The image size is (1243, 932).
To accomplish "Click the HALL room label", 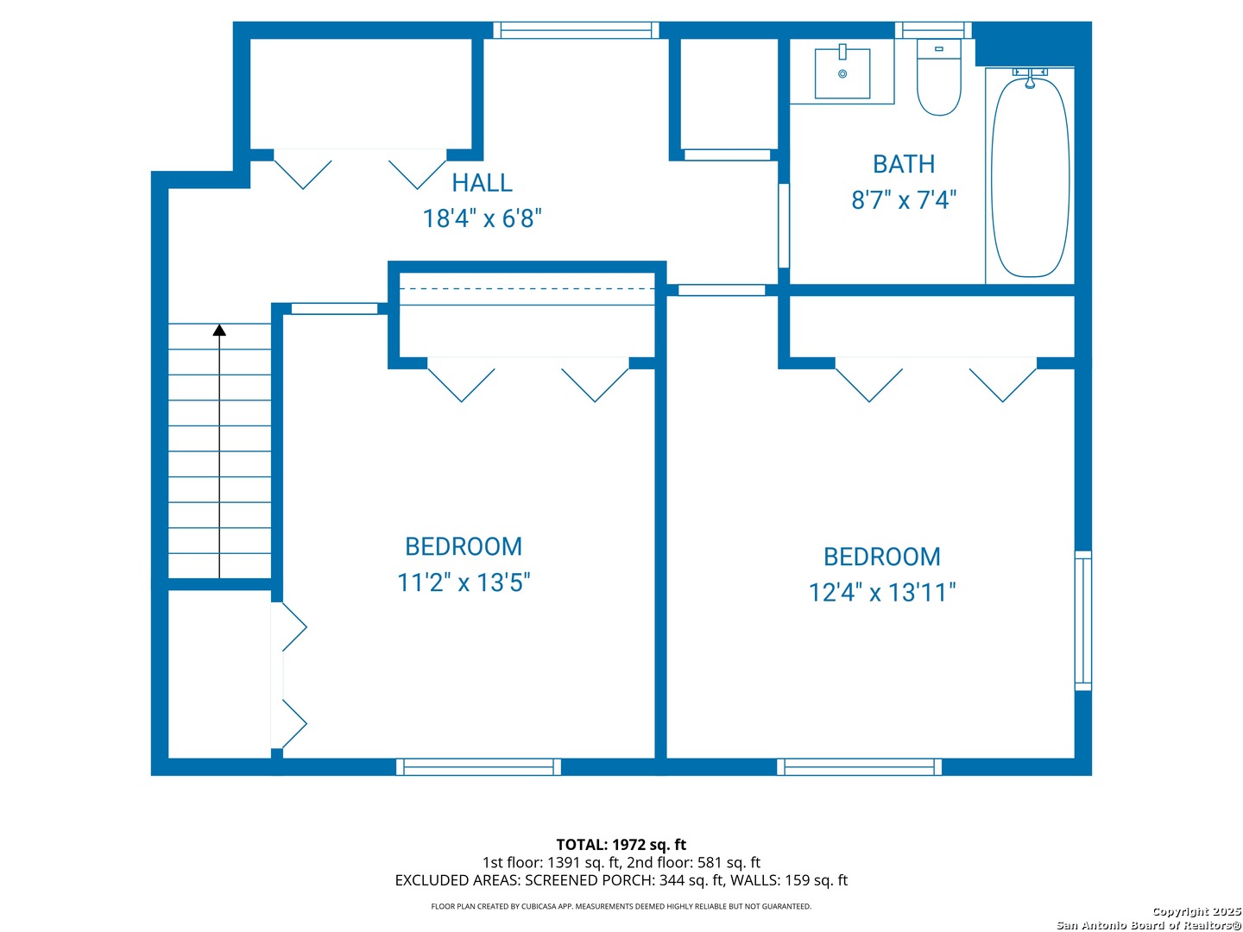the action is (482, 182).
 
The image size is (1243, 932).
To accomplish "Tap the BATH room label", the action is (903, 164).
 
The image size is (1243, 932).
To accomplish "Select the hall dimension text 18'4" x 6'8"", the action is (482, 217).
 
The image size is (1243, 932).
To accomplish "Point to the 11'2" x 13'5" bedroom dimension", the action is (464, 582).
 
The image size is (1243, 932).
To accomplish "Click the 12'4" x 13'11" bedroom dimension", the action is (881, 593).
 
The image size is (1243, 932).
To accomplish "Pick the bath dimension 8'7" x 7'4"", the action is (904, 199).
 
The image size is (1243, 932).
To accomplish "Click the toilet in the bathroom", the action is (938, 78).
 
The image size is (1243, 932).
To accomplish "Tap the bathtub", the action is (1030, 177).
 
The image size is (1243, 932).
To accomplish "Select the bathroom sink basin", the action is (842, 73).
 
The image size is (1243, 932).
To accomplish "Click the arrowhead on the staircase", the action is (219, 330).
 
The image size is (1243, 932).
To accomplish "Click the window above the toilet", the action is (932, 30).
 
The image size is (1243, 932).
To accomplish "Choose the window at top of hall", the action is (576, 30).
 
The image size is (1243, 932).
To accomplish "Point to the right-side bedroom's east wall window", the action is (1082, 620).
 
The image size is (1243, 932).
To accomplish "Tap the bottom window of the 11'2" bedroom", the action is (478, 767).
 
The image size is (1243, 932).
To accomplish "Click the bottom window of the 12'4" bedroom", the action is (859, 767).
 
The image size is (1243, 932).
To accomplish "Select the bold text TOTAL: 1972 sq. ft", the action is (621, 845).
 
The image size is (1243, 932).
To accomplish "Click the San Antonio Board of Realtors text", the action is (1149, 925).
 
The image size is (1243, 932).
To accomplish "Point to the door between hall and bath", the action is (784, 225).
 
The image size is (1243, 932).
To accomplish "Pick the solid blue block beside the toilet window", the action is (1031, 44).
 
